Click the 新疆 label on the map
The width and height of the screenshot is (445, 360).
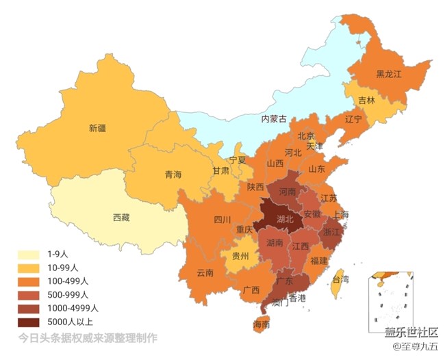pyautogui.click(x=97, y=127)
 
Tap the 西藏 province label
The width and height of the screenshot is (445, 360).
pyautogui.click(x=120, y=218)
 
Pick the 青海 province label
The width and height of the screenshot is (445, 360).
pyautogui.click(x=173, y=175)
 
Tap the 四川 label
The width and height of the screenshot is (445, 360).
pyautogui.click(x=222, y=220)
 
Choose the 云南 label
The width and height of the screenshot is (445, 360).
pyautogui.click(x=205, y=272)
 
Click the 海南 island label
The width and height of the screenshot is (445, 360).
pyautogui.click(x=261, y=324)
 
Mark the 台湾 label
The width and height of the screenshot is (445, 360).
pyautogui.click(x=340, y=279)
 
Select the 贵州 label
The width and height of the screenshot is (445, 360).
pyautogui.click(x=240, y=257)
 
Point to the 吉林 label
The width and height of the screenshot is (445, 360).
pyautogui.click(x=367, y=100)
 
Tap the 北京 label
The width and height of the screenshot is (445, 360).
pyautogui.click(x=305, y=136)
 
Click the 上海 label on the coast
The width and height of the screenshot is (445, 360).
pyautogui.click(x=340, y=214)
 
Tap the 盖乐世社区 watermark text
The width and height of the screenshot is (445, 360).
pyautogui.click(x=411, y=333)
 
